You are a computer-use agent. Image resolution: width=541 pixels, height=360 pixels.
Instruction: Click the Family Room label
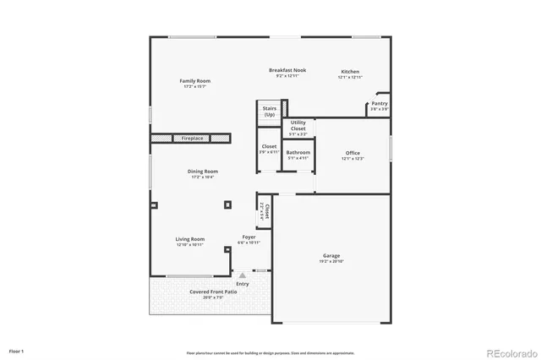tap(194, 81)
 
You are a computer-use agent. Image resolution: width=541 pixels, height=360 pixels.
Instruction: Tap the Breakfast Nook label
tap(287, 70)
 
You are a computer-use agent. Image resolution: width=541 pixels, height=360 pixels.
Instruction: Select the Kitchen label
tap(351, 72)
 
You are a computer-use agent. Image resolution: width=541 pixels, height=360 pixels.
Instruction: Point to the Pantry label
tap(379, 104)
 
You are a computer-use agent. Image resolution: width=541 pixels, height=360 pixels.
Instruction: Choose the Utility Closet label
tap(298, 125)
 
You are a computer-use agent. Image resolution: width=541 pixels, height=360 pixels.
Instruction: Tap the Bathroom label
tap(298, 152)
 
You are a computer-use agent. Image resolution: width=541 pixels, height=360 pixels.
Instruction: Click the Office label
tap(352, 154)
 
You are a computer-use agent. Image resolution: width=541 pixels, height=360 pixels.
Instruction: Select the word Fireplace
tap(192, 138)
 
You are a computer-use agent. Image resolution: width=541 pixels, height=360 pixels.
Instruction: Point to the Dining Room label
tap(203, 172)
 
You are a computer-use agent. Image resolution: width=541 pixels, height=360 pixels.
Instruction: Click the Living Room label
tap(190, 239)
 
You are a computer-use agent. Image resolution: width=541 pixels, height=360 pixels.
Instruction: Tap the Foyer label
tap(249, 237)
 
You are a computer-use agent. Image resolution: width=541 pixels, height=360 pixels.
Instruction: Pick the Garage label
tap(331, 255)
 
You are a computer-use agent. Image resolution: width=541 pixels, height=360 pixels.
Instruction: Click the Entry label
tap(243, 284)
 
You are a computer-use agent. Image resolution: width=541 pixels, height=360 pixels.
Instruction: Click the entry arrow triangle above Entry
tap(243, 275)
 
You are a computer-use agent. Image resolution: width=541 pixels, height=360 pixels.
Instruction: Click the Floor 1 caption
tap(17, 351)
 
